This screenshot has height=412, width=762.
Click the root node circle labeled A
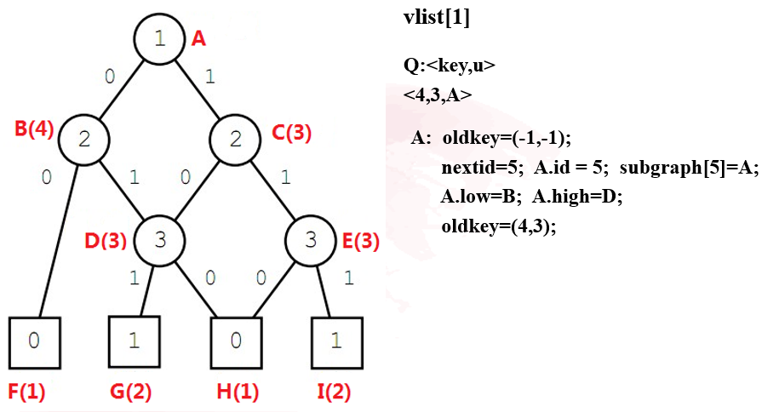pyautogui.click(x=159, y=38)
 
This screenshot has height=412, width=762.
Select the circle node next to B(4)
pyautogui.click(x=83, y=140)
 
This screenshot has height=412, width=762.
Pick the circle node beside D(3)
pyautogui.click(x=159, y=240)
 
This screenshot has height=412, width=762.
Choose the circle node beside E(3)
pyautogui.click(x=312, y=240)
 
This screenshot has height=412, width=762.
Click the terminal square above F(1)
pyautogui.click(x=33, y=340)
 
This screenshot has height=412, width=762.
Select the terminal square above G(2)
pyautogui.click(x=135, y=340)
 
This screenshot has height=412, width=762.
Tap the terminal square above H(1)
pyautogui.click(x=235, y=340)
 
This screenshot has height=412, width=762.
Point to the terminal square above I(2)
pyautogui.click(x=336, y=340)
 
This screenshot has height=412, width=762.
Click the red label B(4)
pyautogui.click(x=35, y=130)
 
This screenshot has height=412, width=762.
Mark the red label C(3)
pyautogui.click(x=292, y=132)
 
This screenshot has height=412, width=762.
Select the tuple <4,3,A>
pyautogui.click(x=438, y=94)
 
